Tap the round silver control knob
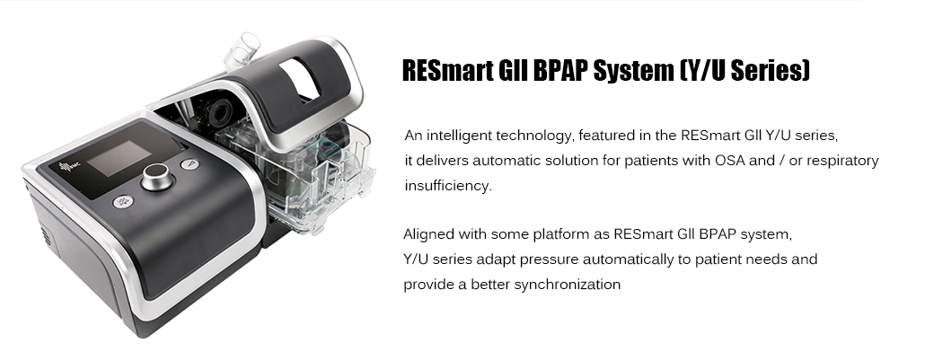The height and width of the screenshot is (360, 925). [x=156, y=177]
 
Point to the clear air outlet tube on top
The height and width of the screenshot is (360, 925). [x=242, y=51]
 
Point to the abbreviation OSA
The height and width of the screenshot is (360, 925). [x=729, y=161]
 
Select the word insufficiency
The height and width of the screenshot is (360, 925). [x=448, y=185]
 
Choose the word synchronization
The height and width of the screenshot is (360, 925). [x=568, y=285]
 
